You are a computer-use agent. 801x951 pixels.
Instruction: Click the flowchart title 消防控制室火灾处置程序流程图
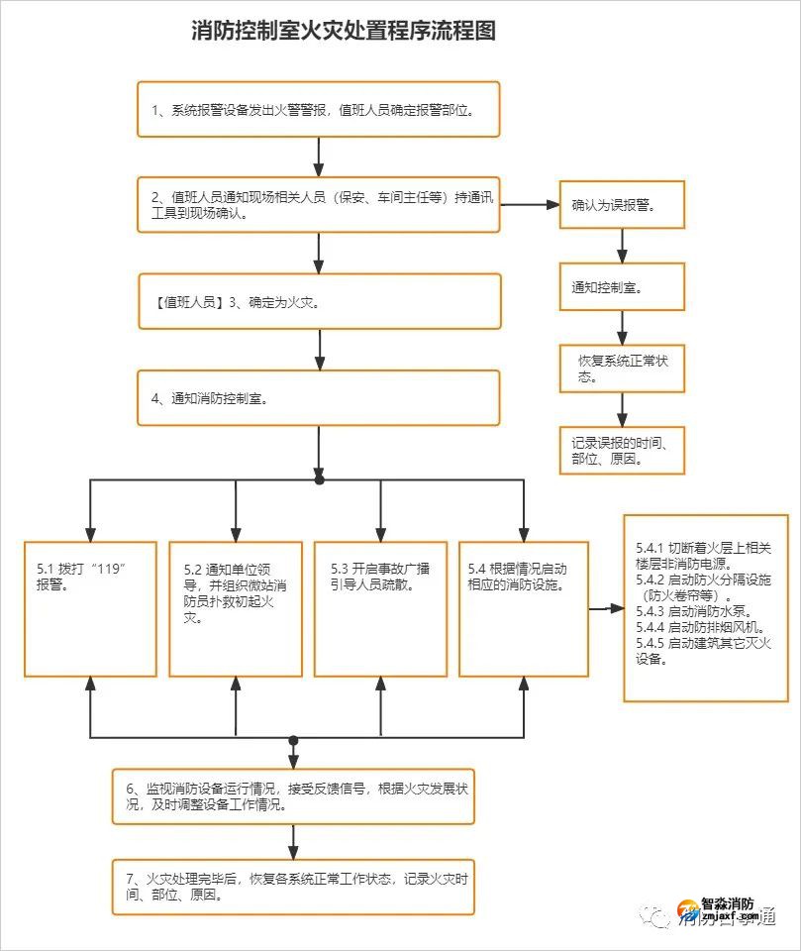[x=343, y=31]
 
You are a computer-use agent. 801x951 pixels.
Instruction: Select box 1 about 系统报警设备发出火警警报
[x=318, y=109]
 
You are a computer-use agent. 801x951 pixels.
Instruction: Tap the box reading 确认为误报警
[x=621, y=206]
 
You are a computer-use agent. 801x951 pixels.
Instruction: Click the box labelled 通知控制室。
[x=621, y=286]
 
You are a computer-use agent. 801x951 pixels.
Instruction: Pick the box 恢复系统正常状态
[x=621, y=369]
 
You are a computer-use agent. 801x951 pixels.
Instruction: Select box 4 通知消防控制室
[x=318, y=397]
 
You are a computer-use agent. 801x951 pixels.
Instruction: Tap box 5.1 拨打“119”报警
[x=90, y=608]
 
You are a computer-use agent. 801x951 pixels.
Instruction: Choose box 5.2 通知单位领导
[x=236, y=608]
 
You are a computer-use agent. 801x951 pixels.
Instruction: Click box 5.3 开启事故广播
[x=380, y=608]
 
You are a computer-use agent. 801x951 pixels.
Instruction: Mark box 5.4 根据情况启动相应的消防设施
[x=524, y=608]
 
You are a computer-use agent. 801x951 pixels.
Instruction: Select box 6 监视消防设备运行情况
[x=293, y=796]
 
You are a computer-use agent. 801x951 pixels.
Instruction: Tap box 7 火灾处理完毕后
[x=293, y=887]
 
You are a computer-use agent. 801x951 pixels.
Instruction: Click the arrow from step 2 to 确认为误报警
[x=530, y=205]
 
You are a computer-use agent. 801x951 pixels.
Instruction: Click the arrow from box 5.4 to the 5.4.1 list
[x=605, y=608]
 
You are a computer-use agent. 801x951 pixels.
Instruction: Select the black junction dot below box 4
[x=319, y=479]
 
